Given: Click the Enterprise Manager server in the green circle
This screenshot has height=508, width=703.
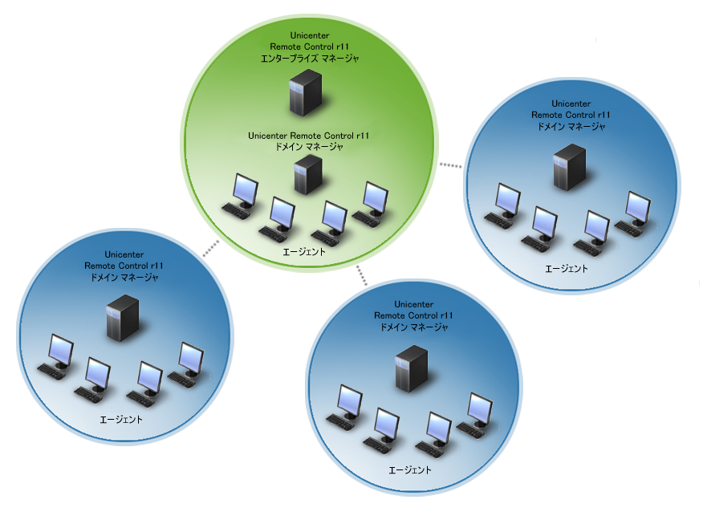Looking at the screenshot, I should [x=305, y=91].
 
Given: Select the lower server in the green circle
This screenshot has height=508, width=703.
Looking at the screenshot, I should [x=307, y=174].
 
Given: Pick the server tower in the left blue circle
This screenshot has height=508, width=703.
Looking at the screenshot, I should [x=123, y=318].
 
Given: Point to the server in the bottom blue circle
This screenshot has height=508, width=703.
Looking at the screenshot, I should [x=411, y=368].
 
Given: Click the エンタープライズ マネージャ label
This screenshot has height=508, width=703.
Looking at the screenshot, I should [x=308, y=59].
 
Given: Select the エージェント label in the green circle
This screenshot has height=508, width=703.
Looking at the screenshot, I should [x=305, y=252].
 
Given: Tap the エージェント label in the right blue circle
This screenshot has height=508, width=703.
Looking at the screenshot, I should [x=567, y=268].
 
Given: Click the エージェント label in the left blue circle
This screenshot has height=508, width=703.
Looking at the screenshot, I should [x=121, y=420].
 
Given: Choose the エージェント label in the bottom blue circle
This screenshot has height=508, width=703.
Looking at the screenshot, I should [x=410, y=469].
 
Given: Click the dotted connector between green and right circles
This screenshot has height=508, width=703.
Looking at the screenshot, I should [x=451, y=166].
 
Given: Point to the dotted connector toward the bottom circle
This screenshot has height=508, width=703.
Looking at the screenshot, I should [x=361, y=275].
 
